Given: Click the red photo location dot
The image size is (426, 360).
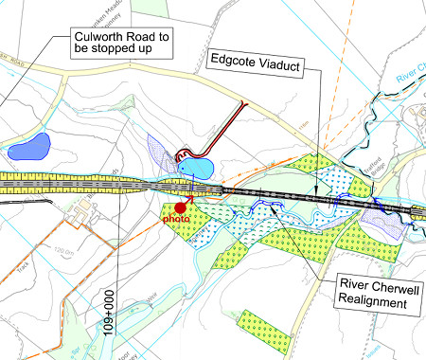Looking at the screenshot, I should pyautogui.click(x=180, y=207).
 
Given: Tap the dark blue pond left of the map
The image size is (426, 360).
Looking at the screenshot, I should pyautogui.click(x=28, y=147).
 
